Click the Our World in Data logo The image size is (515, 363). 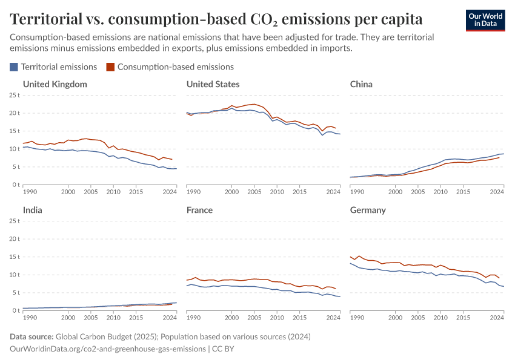pos(485,20)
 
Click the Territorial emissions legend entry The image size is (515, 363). pos(53,67)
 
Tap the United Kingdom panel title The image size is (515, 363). pos(55,84)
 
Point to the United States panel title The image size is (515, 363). pos(213,84)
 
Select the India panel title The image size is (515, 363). pos(33,210)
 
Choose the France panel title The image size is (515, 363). pos(199,210)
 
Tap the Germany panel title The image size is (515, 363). pos(368,210)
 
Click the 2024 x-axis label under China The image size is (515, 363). pos(496,191)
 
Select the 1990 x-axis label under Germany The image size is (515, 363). pos(357,317)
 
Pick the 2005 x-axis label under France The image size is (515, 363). pos(254,317)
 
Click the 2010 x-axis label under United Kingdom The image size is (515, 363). pos(113,191)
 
